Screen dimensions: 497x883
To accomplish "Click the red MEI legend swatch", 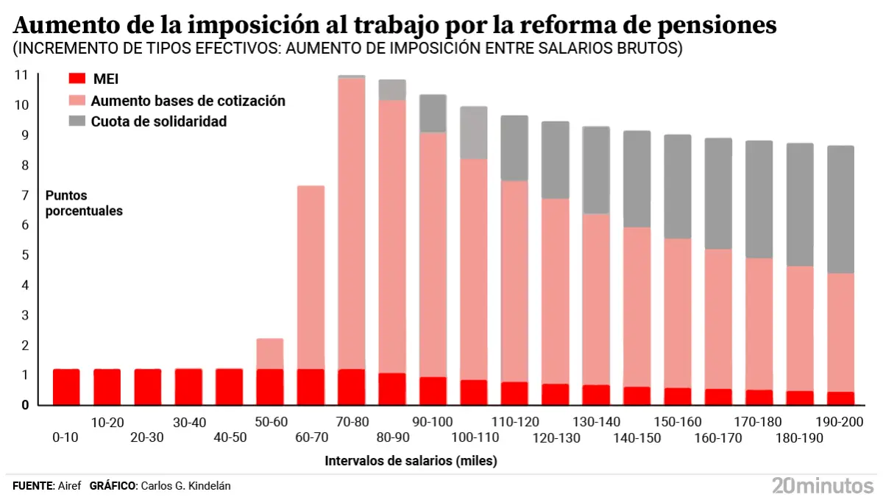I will pyautogui.click(x=77, y=80).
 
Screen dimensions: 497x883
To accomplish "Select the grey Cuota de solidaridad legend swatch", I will pyautogui.click(x=77, y=121).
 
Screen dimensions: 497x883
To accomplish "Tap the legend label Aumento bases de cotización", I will pyautogui.click(x=188, y=101).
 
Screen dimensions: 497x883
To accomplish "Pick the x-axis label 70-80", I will pyautogui.click(x=352, y=422).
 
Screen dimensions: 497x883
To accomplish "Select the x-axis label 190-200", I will pyautogui.click(x=840, y=422).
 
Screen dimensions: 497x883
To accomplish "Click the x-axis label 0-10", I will pyautogui.click(x=66, y=437).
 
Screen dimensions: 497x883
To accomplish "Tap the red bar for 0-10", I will pyautogui.click(x=66, y=387).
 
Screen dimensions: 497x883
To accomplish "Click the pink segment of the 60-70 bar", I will pyautogui.click(x=311, y=277).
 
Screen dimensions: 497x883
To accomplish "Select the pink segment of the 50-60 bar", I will pyautogui.click(x=270, y=353).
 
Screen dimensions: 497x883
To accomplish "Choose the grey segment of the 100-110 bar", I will pyautogui.click(x=474, y=133).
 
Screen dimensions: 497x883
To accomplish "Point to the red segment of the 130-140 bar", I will pyautogui.click(x=596, y=395).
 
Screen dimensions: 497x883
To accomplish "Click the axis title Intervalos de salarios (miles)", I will pyautogui.click(x=411, y=462).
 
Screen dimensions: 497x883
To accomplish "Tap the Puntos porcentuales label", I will pyautogui.click(x=84, y=203).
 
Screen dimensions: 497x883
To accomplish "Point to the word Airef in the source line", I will pyautogui.click(x=69, y=486).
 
